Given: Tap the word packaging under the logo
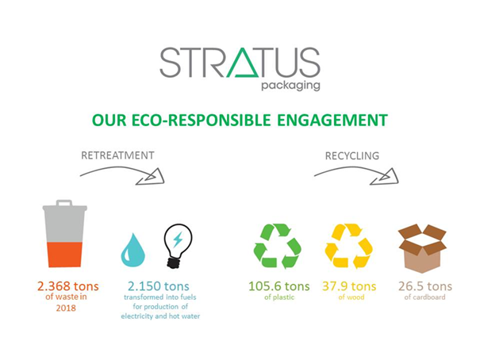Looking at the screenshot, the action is [291, 86].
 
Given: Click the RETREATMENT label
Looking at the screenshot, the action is [117, 155].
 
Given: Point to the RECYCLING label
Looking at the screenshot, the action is [352, 155].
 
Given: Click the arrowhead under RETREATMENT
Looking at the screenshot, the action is [152, 178].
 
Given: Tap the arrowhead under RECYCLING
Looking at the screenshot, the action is [386, 178].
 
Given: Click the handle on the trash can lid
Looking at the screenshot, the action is [64, 202].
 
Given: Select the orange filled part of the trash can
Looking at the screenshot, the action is [64, 255].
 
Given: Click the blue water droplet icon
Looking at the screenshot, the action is [132, 250].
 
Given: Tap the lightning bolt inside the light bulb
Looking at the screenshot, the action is [178, 239].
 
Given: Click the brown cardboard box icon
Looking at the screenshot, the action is [422, 248].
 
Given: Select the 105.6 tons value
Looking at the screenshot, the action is [279, 286].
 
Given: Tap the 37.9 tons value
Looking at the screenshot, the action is [349, 286].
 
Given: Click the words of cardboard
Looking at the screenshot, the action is [425, 297].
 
